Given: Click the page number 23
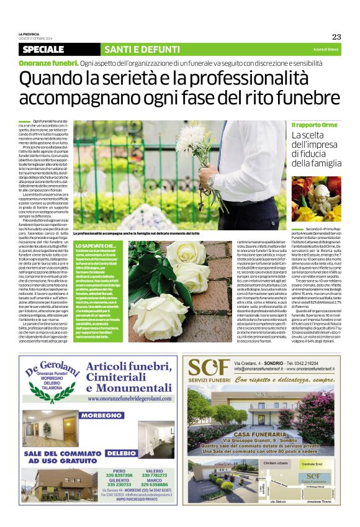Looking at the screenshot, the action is (x=336, y=37).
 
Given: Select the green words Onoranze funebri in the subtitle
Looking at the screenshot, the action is (x=48, y=63).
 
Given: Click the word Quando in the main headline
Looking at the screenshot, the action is (x=53, y=79).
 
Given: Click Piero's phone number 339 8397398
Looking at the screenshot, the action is (x=119, y=475).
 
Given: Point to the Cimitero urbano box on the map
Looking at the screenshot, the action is (x=275, y=462).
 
